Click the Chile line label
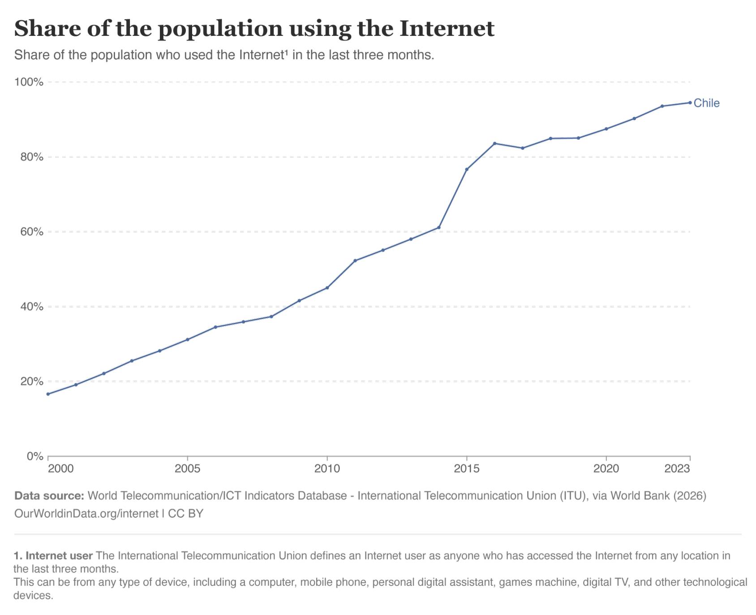coord(706,103)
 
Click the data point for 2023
coord(690,103)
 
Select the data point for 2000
coord(48,394)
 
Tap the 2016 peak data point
coord(494,143)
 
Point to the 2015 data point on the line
coord(467,169)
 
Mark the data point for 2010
coord(327,288)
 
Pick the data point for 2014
coord(439,228)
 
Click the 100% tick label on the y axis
coord(29,82)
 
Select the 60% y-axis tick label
coord(31,232)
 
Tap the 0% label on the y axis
coord(35,456)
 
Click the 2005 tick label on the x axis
coord(187,469)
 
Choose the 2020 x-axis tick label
coord(606,469)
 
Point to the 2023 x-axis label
coord(677,469)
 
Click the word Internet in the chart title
coord(447,28)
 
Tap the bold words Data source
coord(49,496)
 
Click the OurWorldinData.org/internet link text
coord(86,513)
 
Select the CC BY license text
coord(185,513)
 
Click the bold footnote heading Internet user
coord(59,556)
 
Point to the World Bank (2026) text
coord(658,496)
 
